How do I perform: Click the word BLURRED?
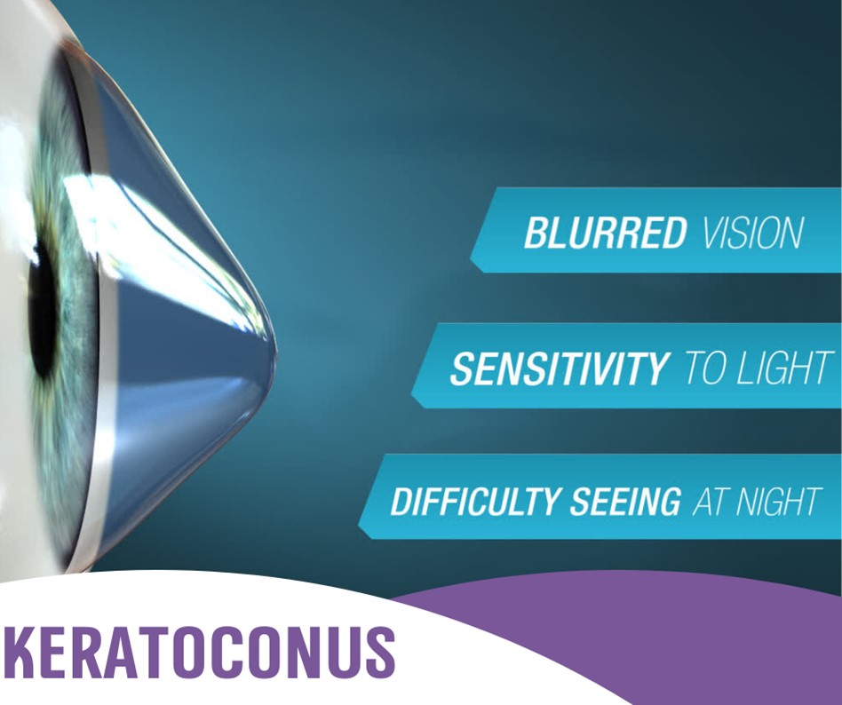604,232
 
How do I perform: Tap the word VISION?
751,232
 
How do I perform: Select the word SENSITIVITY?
559,368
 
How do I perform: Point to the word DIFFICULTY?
463,502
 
